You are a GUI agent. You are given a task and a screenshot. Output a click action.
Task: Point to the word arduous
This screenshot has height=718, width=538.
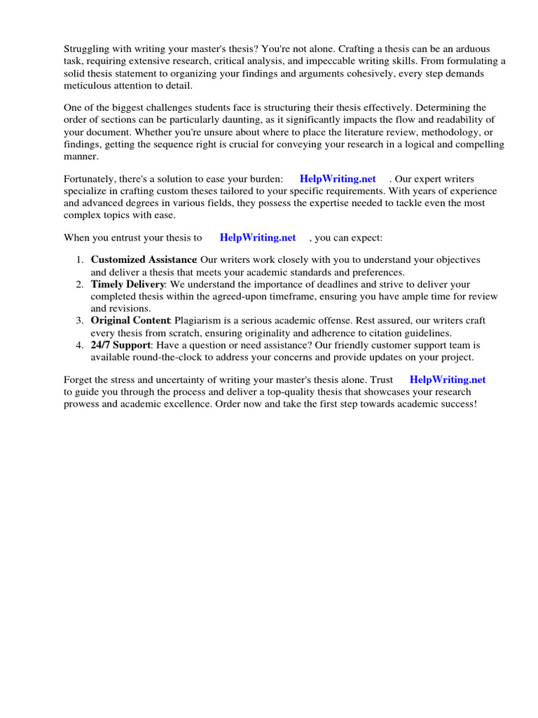click(x=472, y=48)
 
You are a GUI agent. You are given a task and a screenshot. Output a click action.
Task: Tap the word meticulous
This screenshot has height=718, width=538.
click(x=89, y=86)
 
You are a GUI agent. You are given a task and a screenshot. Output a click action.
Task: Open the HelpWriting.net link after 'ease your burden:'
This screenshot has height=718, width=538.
click(x=338, y=179)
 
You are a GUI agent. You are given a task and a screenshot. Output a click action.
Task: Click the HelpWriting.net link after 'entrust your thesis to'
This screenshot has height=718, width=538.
click(x=258, y=238)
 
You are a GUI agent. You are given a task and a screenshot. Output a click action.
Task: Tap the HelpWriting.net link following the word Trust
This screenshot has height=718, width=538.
click(x=448, y=379)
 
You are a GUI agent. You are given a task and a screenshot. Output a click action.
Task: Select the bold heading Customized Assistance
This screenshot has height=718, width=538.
click(x=144, y=259)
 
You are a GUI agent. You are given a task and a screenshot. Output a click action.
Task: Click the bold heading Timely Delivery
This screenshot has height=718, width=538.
click(x=127, y=284)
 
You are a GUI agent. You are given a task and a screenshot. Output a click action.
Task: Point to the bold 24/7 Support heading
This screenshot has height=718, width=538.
click(x=120, y=345)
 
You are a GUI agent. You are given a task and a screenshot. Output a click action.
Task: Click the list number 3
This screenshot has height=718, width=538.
click(x=80, y=320)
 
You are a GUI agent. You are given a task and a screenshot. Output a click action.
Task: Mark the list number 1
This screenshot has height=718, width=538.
click(x=80, y=259)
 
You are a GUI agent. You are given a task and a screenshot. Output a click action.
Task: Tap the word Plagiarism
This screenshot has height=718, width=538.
click(x=200, y=320)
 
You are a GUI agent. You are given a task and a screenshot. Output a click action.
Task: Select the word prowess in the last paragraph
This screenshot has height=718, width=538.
click(x=84, y=405)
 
